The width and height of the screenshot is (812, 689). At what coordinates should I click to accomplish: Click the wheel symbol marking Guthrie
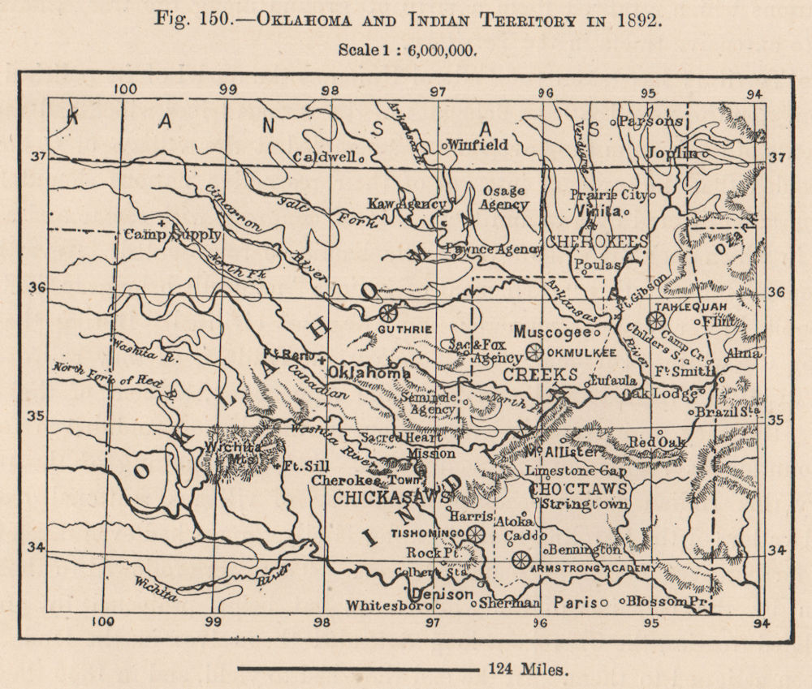click(x=389, y=312)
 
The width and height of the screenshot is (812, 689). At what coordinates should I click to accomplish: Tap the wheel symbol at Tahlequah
click(x=655, y=319)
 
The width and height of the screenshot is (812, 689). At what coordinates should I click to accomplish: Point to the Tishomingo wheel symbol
click(x=475, y=533)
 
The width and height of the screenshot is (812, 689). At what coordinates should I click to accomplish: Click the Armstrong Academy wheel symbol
click(x=520, y=558)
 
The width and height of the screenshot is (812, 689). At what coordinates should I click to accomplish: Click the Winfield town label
click(x=479, y=144)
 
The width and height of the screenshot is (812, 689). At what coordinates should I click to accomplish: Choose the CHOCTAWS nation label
click(x=578, y=489)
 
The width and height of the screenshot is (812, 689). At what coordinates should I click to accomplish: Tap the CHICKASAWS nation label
click(x=381, y=497)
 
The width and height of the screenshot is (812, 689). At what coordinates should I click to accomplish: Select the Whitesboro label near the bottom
click(x=387, y=605)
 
